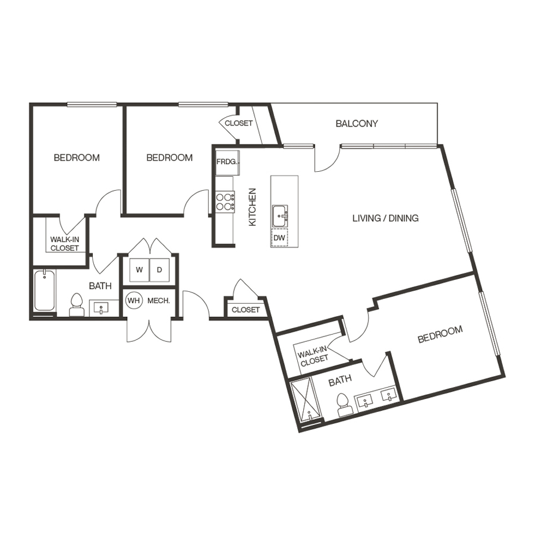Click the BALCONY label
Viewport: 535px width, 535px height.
(357, 124)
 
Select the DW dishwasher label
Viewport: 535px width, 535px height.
(279, 238)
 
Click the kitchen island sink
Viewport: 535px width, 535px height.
(279, 215)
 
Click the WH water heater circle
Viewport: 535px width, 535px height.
(134, 301)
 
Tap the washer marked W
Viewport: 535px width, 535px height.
(139, 270)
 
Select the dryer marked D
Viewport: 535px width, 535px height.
(159, 270)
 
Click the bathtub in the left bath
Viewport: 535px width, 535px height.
(45, 291)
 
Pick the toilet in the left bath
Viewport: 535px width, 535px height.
(76, 305)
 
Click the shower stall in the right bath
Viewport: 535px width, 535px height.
(305, 399)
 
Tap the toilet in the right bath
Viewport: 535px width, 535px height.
(343, 405)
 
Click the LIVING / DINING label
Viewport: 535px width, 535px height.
(385, 218)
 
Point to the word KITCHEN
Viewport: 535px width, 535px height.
(252, 207)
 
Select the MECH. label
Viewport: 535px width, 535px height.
(159, 301)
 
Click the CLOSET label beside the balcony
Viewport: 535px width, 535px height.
(238, 124)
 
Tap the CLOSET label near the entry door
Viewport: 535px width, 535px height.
(246, 310)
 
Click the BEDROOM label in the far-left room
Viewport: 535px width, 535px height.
(77, 158)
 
